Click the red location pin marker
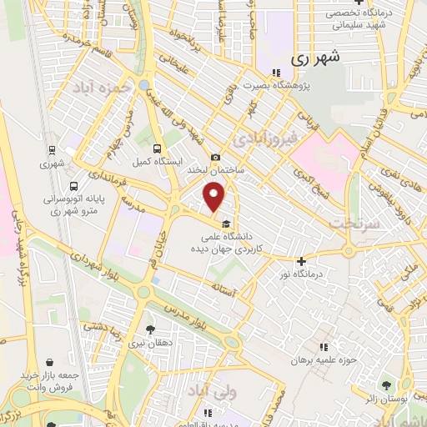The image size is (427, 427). pyautogui.click(x=215, y=197)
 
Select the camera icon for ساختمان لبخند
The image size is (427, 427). pyautogui.click(x=216, y=158)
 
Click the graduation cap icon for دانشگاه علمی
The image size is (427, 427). pyautogui.click(x=226, y=223)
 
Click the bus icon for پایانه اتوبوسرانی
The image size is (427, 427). pyautogui.click(x=75, y=187)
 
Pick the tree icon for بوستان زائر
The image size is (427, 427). pyautogui.click(x=385, y=384)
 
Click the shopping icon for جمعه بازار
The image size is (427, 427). pyautogui.click(x=53, y=362)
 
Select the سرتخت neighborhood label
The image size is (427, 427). pyautogui.click(x=354, y=224)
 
